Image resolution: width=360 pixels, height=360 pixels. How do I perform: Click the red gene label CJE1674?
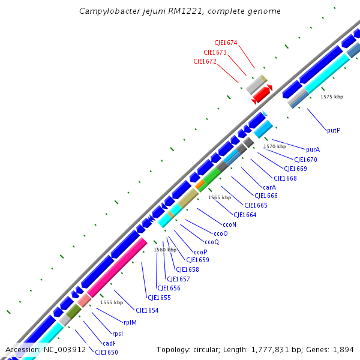pos(226,43)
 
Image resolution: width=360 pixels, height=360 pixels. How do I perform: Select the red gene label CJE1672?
pos(205,61)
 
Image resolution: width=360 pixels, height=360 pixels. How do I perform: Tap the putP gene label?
pos(334,130)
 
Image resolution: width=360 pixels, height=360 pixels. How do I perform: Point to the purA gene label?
pos(313,150)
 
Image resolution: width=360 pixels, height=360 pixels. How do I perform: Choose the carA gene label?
pos(269,187)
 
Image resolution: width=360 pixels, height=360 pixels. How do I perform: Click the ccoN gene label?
pos(229,224)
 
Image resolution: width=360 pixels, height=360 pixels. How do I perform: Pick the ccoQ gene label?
pos(212,242)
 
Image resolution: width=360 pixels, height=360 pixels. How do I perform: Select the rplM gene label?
pos(130,322)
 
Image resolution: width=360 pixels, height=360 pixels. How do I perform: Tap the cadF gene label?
pos(109,343)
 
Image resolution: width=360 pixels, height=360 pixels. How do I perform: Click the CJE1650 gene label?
pos(106,352)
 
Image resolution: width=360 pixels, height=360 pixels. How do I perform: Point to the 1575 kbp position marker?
pos(332,97)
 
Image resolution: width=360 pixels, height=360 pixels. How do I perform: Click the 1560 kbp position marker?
pos(165,250)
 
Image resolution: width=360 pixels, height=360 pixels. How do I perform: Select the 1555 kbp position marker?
pos(112,302)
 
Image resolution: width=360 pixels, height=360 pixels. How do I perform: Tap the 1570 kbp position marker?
pos(275,146)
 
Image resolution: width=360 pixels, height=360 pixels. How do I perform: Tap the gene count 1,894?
pos(343,349)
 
